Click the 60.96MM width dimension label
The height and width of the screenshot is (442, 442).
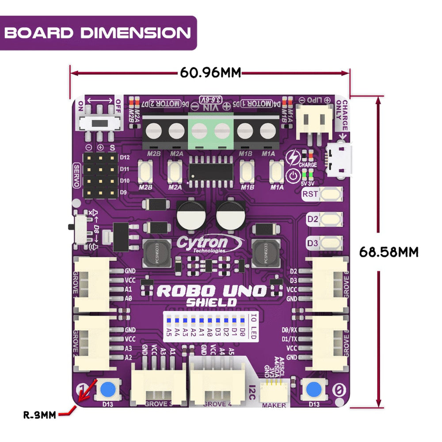pos(210,72)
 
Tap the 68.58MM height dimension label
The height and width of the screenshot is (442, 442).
pos(389,252)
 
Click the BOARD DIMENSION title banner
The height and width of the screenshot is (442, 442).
pos(98,33)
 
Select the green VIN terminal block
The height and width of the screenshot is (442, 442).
pos(211,130)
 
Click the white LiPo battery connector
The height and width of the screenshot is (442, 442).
pos(315,119)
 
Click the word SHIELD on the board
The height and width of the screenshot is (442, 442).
pos(211,303)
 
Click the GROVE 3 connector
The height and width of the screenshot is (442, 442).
pos(158,388)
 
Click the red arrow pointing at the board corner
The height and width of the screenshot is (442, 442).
pos(87,392)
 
